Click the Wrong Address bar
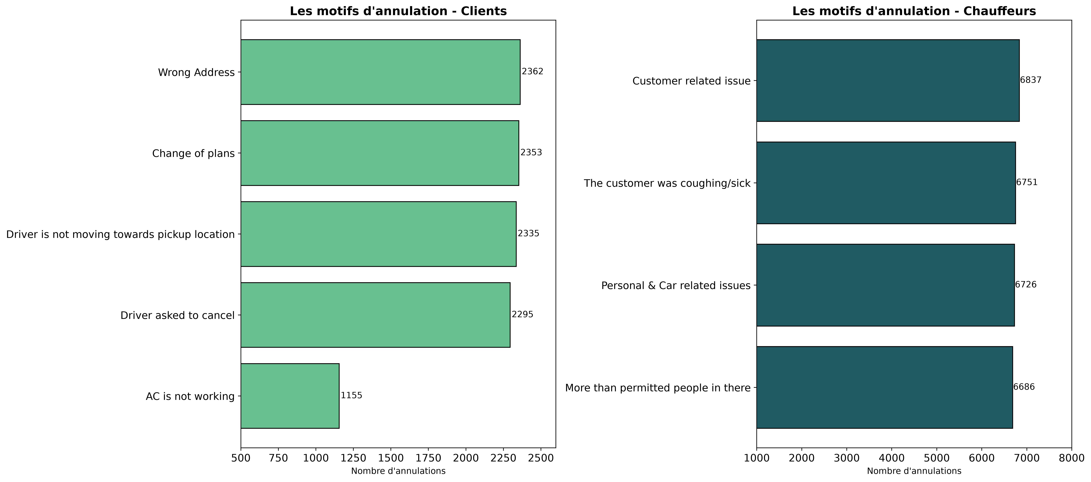click(380, 72)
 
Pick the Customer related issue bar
click(888, 81)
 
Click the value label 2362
click(532, 72)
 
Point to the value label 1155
click(352, 396)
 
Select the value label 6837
click(1031, 80)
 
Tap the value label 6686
click(1024, 387)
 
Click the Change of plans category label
click(194, 153)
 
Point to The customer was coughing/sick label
click(667, 183)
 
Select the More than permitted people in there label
click(658, 388)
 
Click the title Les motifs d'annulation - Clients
click(398, 11)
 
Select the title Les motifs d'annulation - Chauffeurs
click(914, 11)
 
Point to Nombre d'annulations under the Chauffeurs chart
click(914, 471)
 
